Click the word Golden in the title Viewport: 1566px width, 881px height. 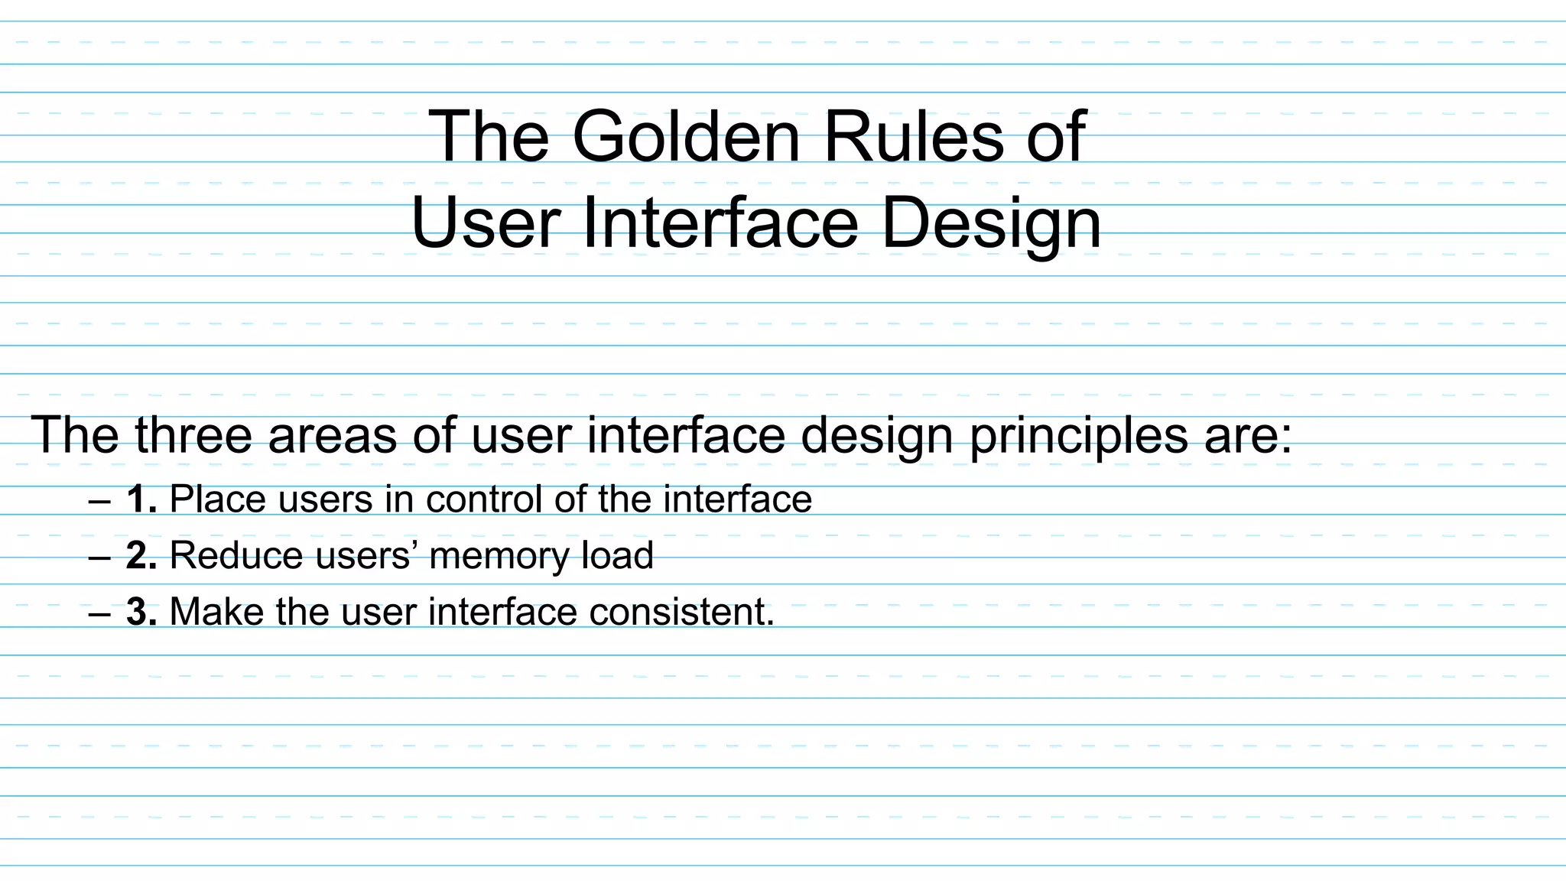(x=685, y=138)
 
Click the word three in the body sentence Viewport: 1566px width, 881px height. (x=193, y=435)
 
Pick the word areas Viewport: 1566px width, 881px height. (x=332, y=435)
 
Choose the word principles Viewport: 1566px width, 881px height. (x=1078, y=435)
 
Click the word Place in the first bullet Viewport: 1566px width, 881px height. (x=217, y=499)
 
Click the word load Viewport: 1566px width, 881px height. (x=617, y=556)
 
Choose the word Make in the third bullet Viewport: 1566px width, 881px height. (x=216, y=612)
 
